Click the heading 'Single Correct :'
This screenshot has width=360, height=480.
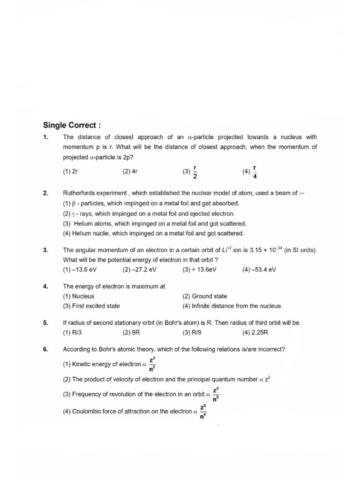(72, 125)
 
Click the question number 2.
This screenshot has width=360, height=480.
(45, 193)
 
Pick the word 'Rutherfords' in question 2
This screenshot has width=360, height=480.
(78, 193)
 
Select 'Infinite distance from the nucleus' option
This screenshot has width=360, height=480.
(232, 306)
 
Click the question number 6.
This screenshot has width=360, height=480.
(45, 350)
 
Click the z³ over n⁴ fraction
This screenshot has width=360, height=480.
(203, 411)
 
